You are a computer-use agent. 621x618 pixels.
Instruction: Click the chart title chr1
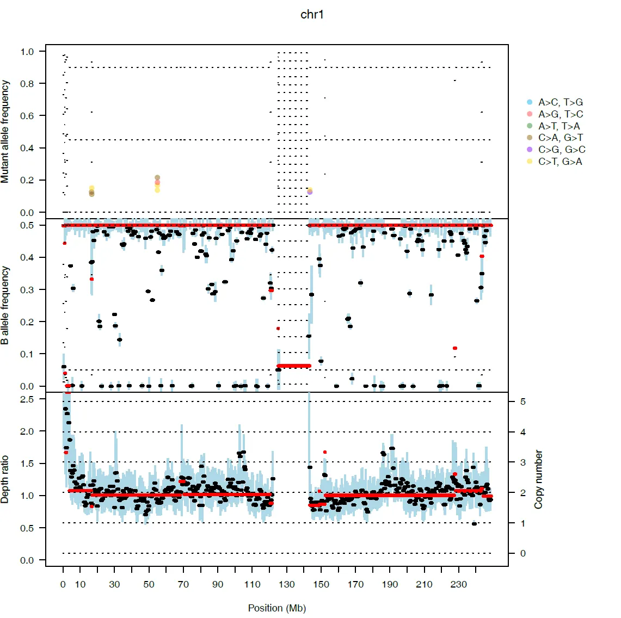(312, 15)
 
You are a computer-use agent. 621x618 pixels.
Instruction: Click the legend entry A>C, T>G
(560, 102)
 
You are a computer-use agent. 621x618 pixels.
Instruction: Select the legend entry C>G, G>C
(562, 150)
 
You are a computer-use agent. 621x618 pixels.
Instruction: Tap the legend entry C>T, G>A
(560, 162)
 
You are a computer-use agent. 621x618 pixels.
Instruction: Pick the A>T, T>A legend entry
(559, 126)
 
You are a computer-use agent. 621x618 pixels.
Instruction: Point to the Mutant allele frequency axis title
(5, 132)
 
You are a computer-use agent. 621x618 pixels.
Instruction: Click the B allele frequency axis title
(5, 305)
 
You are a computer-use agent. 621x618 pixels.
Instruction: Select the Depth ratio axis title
(5, 479)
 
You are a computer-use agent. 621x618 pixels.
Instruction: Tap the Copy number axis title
(539, 479)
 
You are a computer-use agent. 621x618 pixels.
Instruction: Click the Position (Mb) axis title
(276, 608)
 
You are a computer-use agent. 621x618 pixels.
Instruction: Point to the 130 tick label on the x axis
(287, 585)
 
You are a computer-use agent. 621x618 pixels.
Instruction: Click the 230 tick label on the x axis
(459, 585)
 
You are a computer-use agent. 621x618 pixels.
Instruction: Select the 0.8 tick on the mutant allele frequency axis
(27, 84)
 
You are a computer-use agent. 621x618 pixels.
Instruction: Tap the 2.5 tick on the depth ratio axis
(27, 399)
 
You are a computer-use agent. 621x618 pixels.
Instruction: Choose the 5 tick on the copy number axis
(523, 401)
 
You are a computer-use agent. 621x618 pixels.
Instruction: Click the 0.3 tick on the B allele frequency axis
(27, 290)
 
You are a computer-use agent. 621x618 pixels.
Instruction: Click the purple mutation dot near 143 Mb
(310, 192)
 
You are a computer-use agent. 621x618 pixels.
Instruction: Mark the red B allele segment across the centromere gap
(294, 366)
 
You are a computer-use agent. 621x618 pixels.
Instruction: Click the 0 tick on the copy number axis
(523, 553)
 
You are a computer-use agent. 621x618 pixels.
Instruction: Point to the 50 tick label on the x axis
(149, 585)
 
